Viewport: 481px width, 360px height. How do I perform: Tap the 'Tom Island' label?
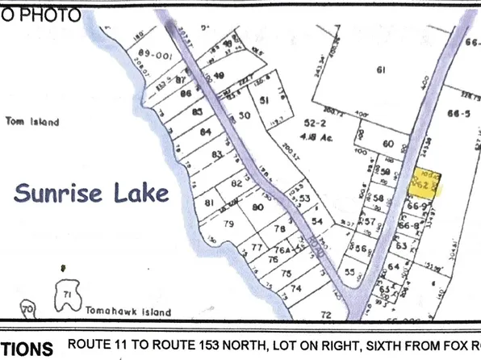32,122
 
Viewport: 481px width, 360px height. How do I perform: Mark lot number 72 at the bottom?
326,314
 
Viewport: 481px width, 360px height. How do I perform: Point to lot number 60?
387,144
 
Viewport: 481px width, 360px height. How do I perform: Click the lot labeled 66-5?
462,113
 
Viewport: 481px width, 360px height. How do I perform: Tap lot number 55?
349,274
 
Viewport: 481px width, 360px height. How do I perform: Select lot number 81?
210,203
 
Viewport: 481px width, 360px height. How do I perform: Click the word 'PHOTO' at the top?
50,15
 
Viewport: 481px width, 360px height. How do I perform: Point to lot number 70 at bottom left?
28,308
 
